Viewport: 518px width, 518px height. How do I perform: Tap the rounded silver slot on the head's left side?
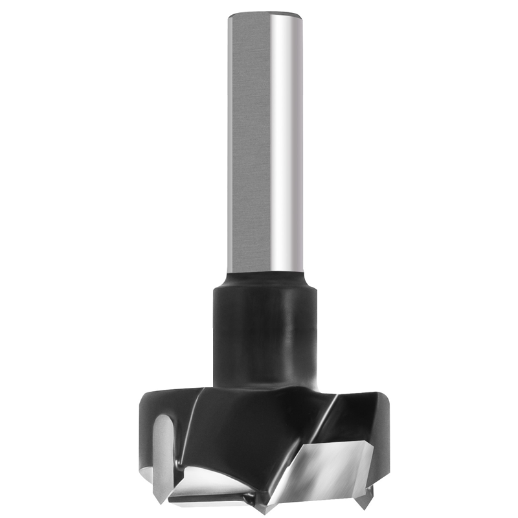click(163, 447)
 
